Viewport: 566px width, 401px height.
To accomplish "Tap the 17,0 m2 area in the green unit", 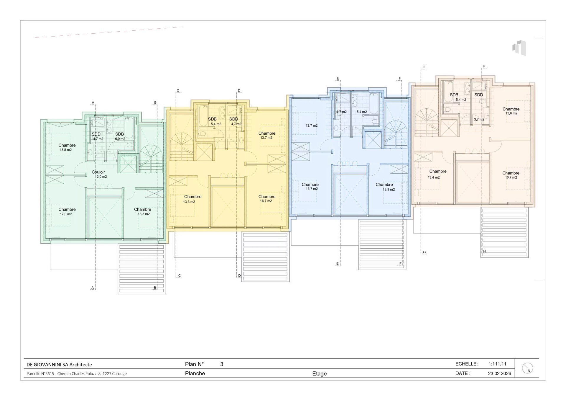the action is [66, 214].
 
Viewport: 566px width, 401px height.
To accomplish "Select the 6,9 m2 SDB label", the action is [120, 136].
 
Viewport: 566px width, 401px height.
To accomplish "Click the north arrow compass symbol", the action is [527, 368].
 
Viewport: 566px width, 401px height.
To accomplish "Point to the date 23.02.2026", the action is [499, 374].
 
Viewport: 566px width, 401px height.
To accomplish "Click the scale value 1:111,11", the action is [497, 364].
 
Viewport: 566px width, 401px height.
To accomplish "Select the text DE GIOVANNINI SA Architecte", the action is [59, 365].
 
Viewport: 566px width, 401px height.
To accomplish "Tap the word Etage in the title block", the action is [320, 374].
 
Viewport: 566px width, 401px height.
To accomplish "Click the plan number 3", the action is [222, 364].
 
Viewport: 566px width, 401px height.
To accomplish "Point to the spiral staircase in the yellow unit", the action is [181, 147].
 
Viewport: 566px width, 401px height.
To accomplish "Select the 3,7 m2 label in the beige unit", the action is [479, 119].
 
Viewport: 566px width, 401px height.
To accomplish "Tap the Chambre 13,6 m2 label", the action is [511, 111].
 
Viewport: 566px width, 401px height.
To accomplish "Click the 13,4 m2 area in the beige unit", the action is [434, 177].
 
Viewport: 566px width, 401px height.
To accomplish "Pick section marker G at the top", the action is [424, 67].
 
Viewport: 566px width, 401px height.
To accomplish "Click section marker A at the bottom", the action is [93, 288].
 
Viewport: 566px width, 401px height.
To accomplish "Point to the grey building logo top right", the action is [519, 48].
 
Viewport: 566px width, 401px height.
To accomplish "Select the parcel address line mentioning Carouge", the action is [77, 374].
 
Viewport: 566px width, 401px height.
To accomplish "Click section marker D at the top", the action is [239, 91].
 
